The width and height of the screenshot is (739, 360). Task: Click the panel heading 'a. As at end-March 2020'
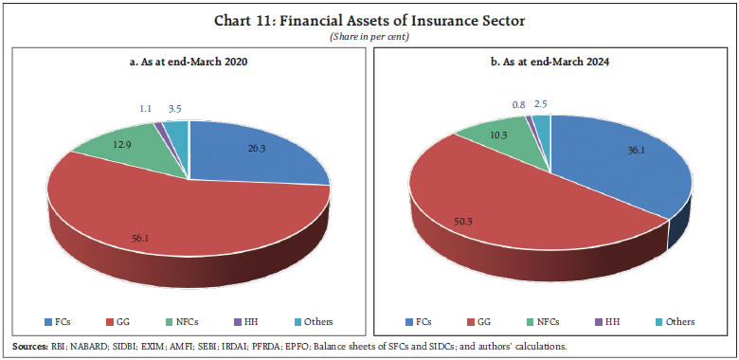pos(189,62)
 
